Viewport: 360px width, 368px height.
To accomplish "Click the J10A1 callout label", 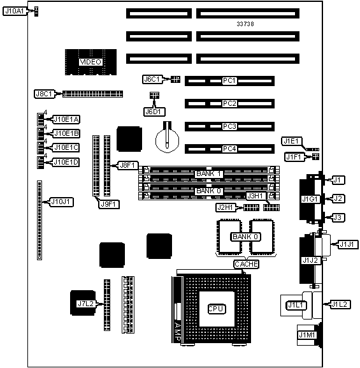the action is pos(15,11).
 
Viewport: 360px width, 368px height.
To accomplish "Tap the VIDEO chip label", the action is pos(90,62).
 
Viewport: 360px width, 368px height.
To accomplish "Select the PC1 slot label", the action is pos(229,81).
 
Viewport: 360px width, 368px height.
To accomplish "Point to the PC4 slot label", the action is pos(229,149).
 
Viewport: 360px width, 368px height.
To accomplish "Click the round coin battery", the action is pos(167,140).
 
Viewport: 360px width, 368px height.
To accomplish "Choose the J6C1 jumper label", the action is pos(152,79).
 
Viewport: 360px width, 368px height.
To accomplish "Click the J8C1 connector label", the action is pos(44,94).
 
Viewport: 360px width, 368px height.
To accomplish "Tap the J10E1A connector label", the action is pos(66,119).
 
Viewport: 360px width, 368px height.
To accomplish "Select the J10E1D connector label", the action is pos(66,162).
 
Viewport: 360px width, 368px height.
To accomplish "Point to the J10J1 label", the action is pos(61,202).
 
